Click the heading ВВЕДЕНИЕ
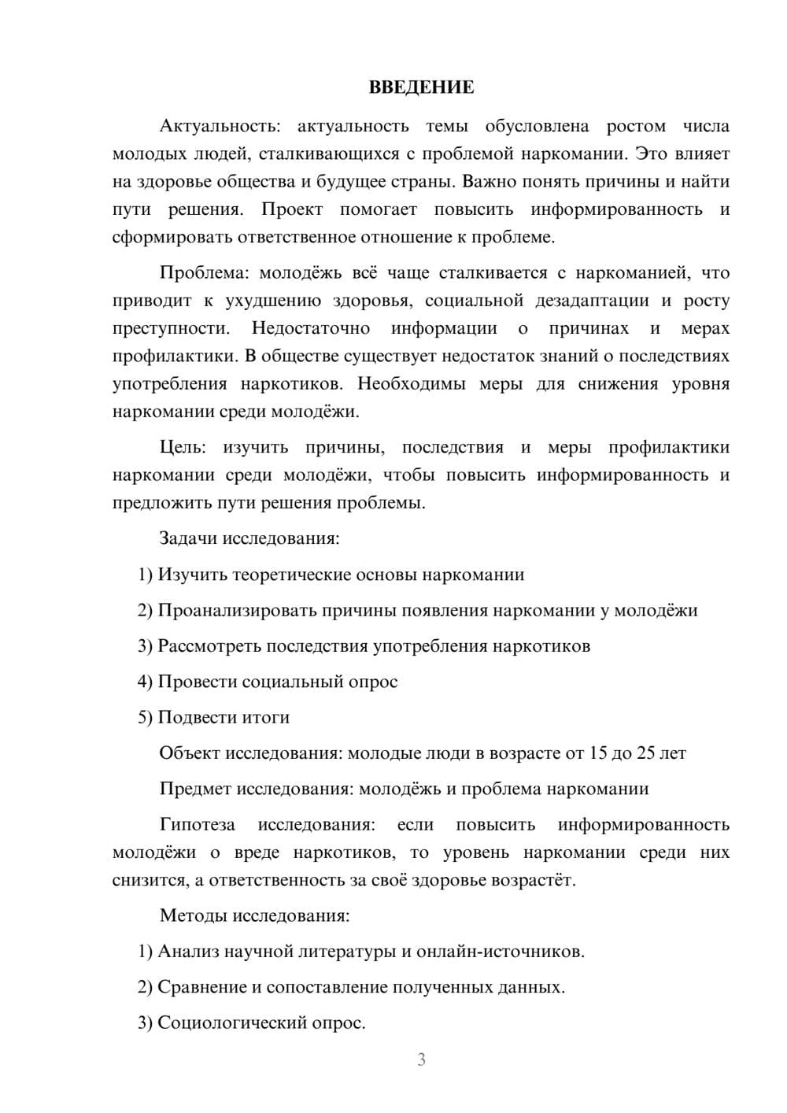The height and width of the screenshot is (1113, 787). pyautogui.click(x=421, y=87)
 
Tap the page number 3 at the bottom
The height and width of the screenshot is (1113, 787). pyautogui.click(x=421, y=1059)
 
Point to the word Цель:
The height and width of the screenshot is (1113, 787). pyautogui.click(x=183, y=448)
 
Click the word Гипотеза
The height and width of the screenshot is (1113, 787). pyautogui.click(x=197, y=825)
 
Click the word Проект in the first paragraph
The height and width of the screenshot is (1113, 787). pyautogui.click(x=292, y=209)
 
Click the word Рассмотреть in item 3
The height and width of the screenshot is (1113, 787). pyautogui.click(x=209, y=646)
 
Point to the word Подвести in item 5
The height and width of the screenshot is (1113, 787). pyautogui.click(x=192, y=718)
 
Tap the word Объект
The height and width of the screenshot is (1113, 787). pyautogui.click(x=190, y=753)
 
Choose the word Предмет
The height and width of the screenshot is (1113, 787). pyautogui.click(x=195, y=789)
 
